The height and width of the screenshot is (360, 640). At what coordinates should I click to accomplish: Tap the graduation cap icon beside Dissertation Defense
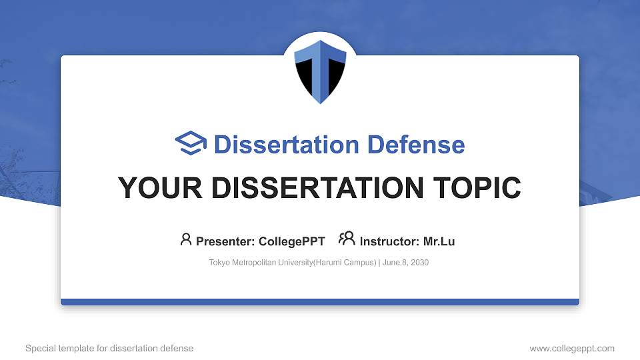[x=191, y=143]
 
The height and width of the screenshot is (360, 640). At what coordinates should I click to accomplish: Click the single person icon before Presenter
[x=186, y=239]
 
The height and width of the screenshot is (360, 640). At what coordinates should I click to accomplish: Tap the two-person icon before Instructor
[x=347, y=239]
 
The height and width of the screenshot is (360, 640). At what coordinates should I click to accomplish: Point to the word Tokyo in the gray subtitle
[x=219, y=263]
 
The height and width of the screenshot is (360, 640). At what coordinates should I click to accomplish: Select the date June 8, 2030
[x=407, y=263]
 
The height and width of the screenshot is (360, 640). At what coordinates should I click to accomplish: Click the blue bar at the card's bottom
[x=320, y=302]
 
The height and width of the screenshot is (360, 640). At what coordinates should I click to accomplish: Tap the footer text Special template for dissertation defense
[x=109, y=348]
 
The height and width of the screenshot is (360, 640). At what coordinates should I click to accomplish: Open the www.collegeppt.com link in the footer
[x=572, y=348]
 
